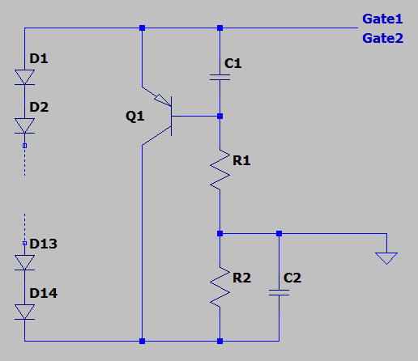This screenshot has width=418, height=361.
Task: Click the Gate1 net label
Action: coord(382,19)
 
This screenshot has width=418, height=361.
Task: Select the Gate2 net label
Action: coord(382,38)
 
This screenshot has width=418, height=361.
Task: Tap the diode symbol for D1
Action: coord(25,77)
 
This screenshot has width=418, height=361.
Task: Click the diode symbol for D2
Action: coord(25,125)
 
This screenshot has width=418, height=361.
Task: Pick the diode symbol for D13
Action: coord(25,262)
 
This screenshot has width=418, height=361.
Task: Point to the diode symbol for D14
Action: coord(25,312)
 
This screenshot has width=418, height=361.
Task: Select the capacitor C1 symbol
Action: coord(220,78)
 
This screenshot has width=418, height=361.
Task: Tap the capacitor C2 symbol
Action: coord(279,293)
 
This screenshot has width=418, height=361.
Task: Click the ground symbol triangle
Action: coord(386,258)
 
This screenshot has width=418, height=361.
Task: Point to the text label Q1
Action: coord(134,117)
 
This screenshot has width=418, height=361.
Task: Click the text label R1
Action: coord(241,161)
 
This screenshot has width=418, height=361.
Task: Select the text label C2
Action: coord(292,278)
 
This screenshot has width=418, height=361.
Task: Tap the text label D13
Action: coord(44,244)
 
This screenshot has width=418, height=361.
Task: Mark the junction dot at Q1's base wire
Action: coord(220,117)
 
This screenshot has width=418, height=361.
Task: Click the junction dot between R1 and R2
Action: coord(220,233)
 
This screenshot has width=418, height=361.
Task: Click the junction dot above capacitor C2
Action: coord(279,233)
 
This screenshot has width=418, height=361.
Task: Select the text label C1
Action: coord(233,63)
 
